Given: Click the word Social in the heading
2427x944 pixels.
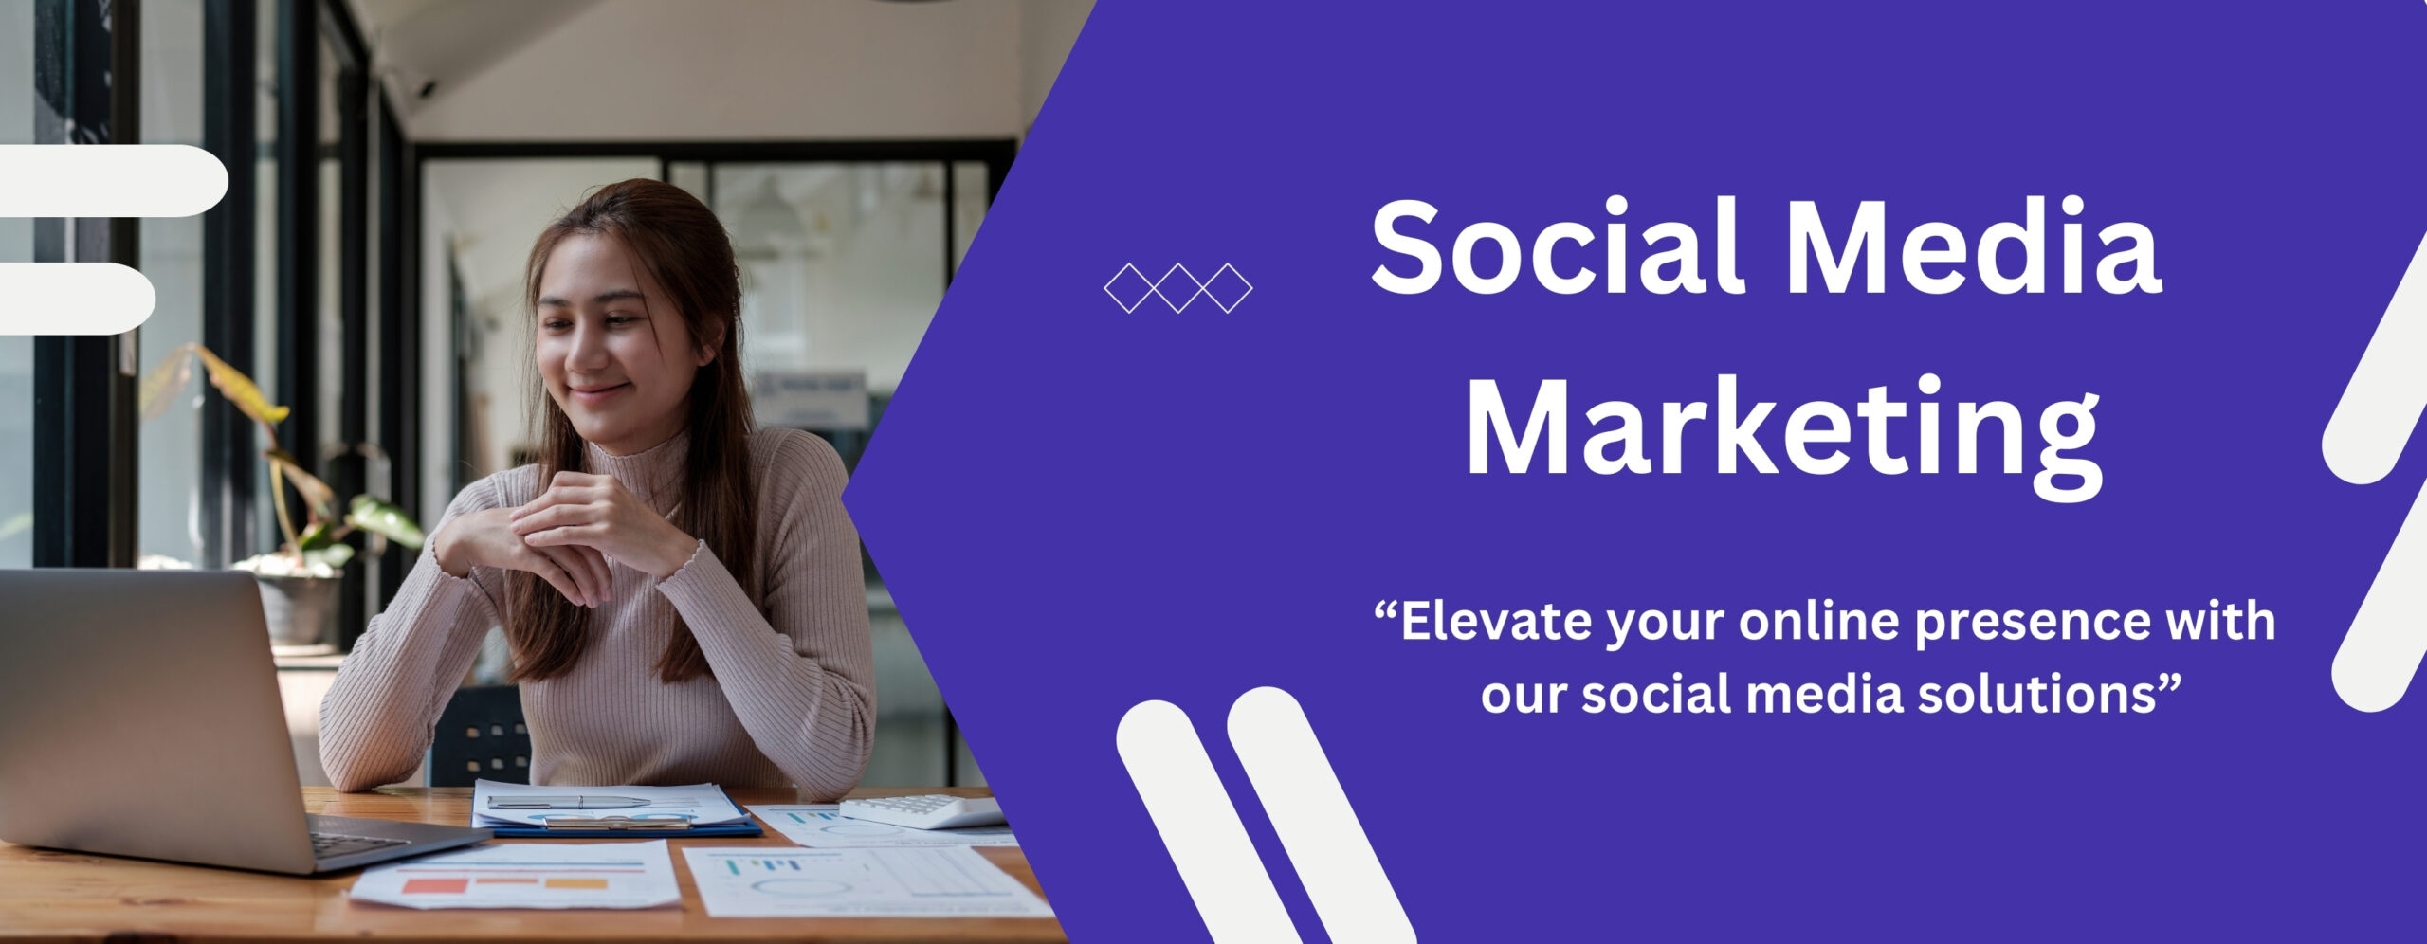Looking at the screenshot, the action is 1557,246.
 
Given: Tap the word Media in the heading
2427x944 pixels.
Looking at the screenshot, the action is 1976,246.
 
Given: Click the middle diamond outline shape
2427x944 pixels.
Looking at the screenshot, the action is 1178,287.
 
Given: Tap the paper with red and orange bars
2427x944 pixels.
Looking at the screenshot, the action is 517,875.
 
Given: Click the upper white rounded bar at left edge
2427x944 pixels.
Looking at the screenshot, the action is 114,180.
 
